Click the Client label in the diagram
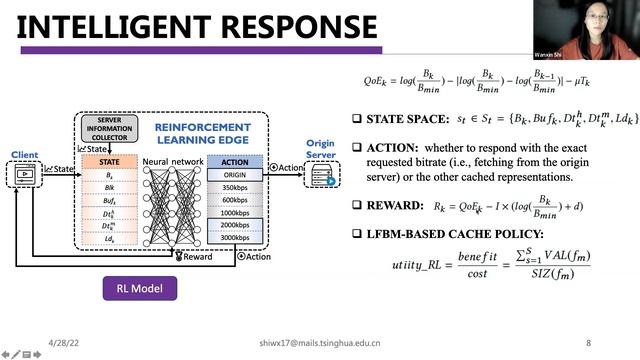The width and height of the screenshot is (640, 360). (24, 156)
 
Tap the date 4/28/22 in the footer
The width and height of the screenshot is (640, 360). (63, 341)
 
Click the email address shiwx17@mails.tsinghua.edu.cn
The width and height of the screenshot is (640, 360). (318, 341)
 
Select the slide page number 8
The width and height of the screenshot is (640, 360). (588, 341)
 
